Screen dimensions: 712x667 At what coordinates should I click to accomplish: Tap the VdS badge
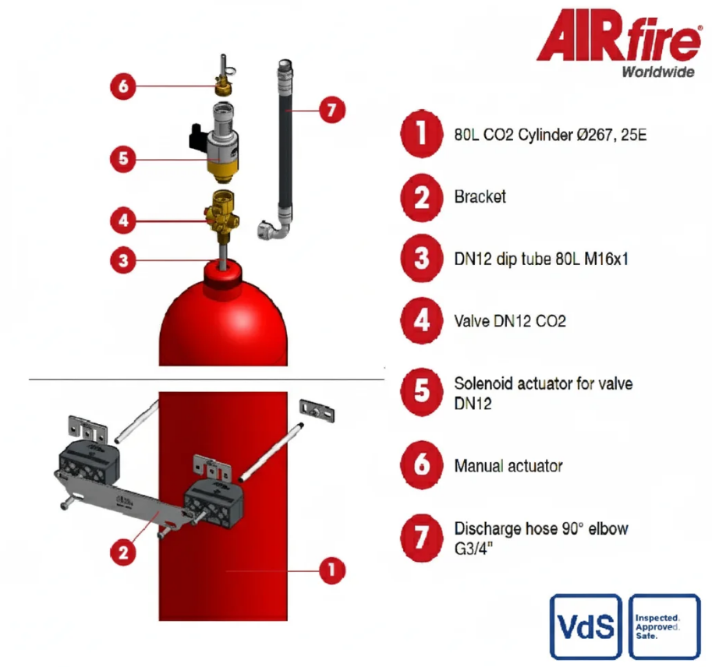tap(586, 626)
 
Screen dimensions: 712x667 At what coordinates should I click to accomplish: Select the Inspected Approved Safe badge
tap(664, 626)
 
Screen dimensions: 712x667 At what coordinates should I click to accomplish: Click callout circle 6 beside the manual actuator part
tap(123, 86)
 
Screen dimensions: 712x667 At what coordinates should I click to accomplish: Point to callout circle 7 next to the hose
tap(332, 110)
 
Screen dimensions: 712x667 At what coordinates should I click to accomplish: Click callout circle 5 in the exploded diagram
tap(123, 159)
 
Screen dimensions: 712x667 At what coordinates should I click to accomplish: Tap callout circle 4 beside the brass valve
tap(123, 221)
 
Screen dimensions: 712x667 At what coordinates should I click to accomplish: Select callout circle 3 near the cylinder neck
tap(123, 260)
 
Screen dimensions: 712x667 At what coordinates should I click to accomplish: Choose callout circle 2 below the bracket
tap(123, 552)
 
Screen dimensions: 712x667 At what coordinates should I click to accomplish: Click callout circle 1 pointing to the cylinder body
tap(332, 570)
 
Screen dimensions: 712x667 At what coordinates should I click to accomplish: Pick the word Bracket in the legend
tap(480, 197)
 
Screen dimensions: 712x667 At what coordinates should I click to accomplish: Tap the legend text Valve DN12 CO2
tap(510, 321)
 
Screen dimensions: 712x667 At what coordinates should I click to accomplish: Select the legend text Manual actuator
tap(508, 466)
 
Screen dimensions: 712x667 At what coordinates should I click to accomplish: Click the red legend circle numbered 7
tap(422, 538)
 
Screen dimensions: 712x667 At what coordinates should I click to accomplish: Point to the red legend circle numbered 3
tap(422, 259)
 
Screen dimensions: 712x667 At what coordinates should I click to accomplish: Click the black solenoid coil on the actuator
tap(198, 136)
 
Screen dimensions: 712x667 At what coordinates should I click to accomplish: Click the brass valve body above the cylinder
tap(221, 211)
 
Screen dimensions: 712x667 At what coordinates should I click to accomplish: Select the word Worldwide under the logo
tap(658, 72)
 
